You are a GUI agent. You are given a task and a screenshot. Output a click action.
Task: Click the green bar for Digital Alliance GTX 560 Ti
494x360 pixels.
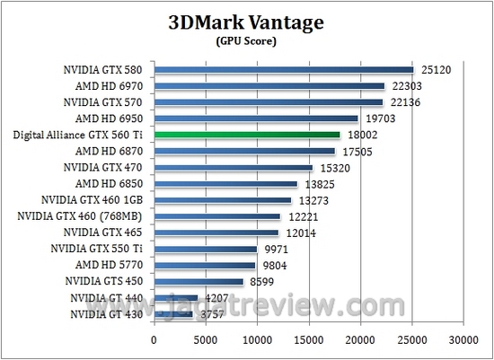tap(247, 135)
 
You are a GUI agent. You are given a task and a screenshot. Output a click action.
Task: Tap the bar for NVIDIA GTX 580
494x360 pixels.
tap(283, 69)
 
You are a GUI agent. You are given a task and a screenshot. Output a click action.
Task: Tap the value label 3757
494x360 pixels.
tap(212, 314)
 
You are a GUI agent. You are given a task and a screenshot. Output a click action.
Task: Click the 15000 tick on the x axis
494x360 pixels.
tap(309, 340)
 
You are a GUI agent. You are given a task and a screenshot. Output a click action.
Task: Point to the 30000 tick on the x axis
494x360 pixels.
tap(463, 340)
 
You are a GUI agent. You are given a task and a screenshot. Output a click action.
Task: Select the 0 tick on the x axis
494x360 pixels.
tap(154, 340)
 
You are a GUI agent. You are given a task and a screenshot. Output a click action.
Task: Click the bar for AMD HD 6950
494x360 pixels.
tap(256, 119)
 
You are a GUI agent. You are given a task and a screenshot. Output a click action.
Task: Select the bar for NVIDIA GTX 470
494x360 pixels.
tap(233, 167)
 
